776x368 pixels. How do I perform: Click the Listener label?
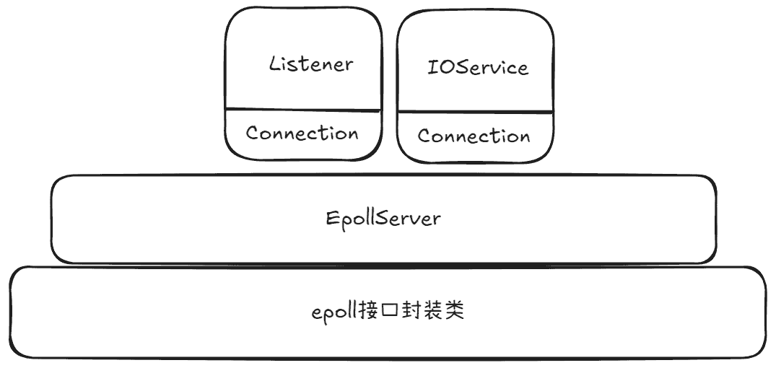pos(311,63)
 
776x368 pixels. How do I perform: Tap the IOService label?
pos(478,67)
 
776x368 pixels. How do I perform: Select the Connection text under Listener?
pos(302,133)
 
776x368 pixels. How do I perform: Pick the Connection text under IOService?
pos(474,136)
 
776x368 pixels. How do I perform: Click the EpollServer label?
pos(383,218)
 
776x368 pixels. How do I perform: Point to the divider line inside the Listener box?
pos(303,109)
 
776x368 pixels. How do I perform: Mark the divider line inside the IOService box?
pos(475,113)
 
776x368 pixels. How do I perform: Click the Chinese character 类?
pos(453,312)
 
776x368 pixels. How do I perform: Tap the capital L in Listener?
pos(275,63)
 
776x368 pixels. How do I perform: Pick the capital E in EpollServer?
pos(331,218)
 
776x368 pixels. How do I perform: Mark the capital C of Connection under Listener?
pos(253,133)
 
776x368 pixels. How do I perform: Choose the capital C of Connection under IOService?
pos(424,136)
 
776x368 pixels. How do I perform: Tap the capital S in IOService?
pos(463,67)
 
